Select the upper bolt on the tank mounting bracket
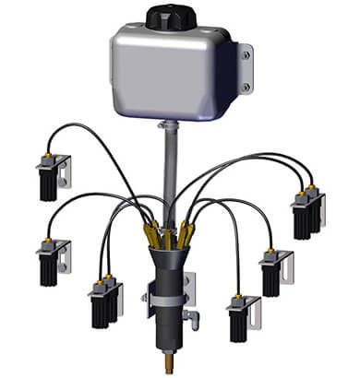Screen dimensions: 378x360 (246, 55)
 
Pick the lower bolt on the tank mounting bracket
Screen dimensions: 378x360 (246, 87)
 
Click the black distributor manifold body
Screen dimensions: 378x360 (168, 277)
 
